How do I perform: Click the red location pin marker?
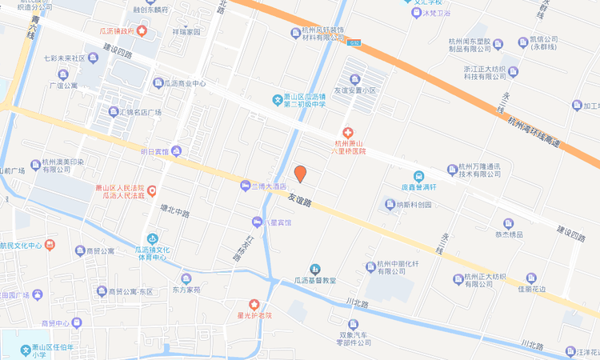300,173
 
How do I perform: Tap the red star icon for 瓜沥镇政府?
142,31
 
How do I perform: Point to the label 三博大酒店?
269,186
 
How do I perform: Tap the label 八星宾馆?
274,222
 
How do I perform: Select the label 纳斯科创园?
414,204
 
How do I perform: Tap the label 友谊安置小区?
354,90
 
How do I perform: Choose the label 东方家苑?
186,290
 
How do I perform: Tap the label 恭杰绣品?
508,234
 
